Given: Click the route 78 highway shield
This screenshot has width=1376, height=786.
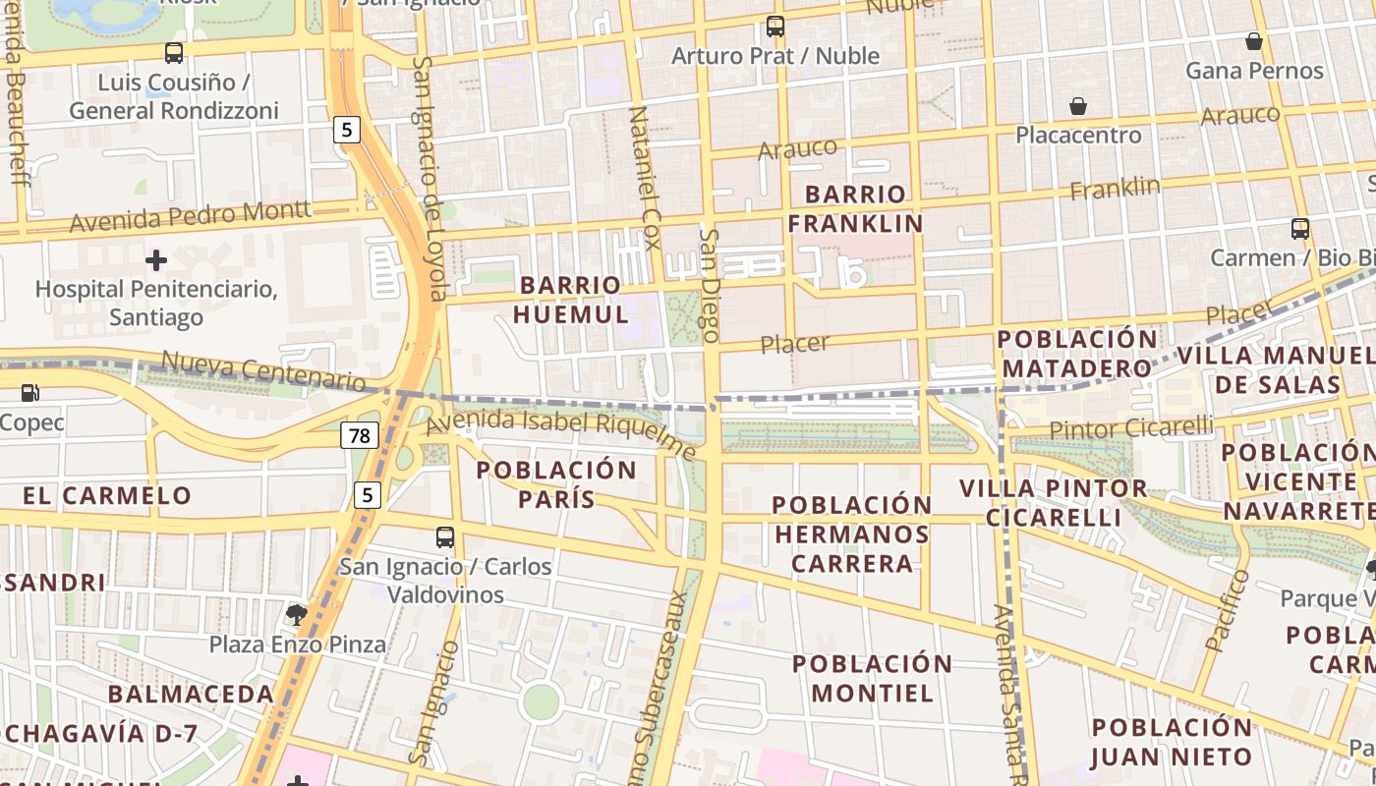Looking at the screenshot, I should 361,434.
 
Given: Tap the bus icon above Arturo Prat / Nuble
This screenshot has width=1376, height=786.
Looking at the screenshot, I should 775,27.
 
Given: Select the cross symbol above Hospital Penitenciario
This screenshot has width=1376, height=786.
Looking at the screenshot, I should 156,260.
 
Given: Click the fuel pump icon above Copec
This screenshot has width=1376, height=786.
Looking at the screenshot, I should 30,393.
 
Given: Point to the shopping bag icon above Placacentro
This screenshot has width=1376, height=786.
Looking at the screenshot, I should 1078,106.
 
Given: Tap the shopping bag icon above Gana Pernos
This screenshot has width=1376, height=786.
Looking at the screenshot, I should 1254,41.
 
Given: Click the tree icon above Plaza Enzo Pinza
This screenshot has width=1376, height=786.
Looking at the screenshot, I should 296,615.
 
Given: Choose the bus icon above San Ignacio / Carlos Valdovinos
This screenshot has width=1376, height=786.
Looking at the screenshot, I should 445,537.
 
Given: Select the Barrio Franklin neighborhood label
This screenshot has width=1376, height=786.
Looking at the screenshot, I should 856,208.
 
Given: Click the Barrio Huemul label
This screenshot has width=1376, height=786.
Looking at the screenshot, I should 571,300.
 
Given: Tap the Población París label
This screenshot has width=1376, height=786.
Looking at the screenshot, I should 557,484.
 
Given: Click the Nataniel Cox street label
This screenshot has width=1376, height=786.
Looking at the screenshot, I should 644,178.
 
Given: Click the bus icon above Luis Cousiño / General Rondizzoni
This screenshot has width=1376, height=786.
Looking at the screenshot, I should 174,53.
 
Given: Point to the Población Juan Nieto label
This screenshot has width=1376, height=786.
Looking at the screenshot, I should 1172,742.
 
